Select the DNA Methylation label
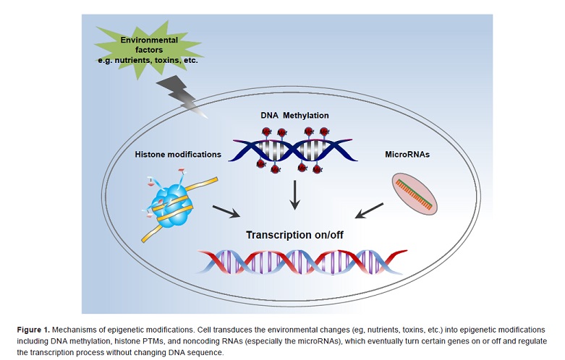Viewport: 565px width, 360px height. click(x=294, y=116)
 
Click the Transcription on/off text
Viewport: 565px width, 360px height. click(x=296, y=235)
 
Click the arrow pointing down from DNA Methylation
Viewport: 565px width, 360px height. click(x=294, y=195)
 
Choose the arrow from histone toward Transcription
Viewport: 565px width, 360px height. click(x=226, y=212)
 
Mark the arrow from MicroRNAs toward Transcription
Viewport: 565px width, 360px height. click(x=371, y=210)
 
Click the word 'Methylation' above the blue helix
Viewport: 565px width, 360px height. click(x=307, y=116)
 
